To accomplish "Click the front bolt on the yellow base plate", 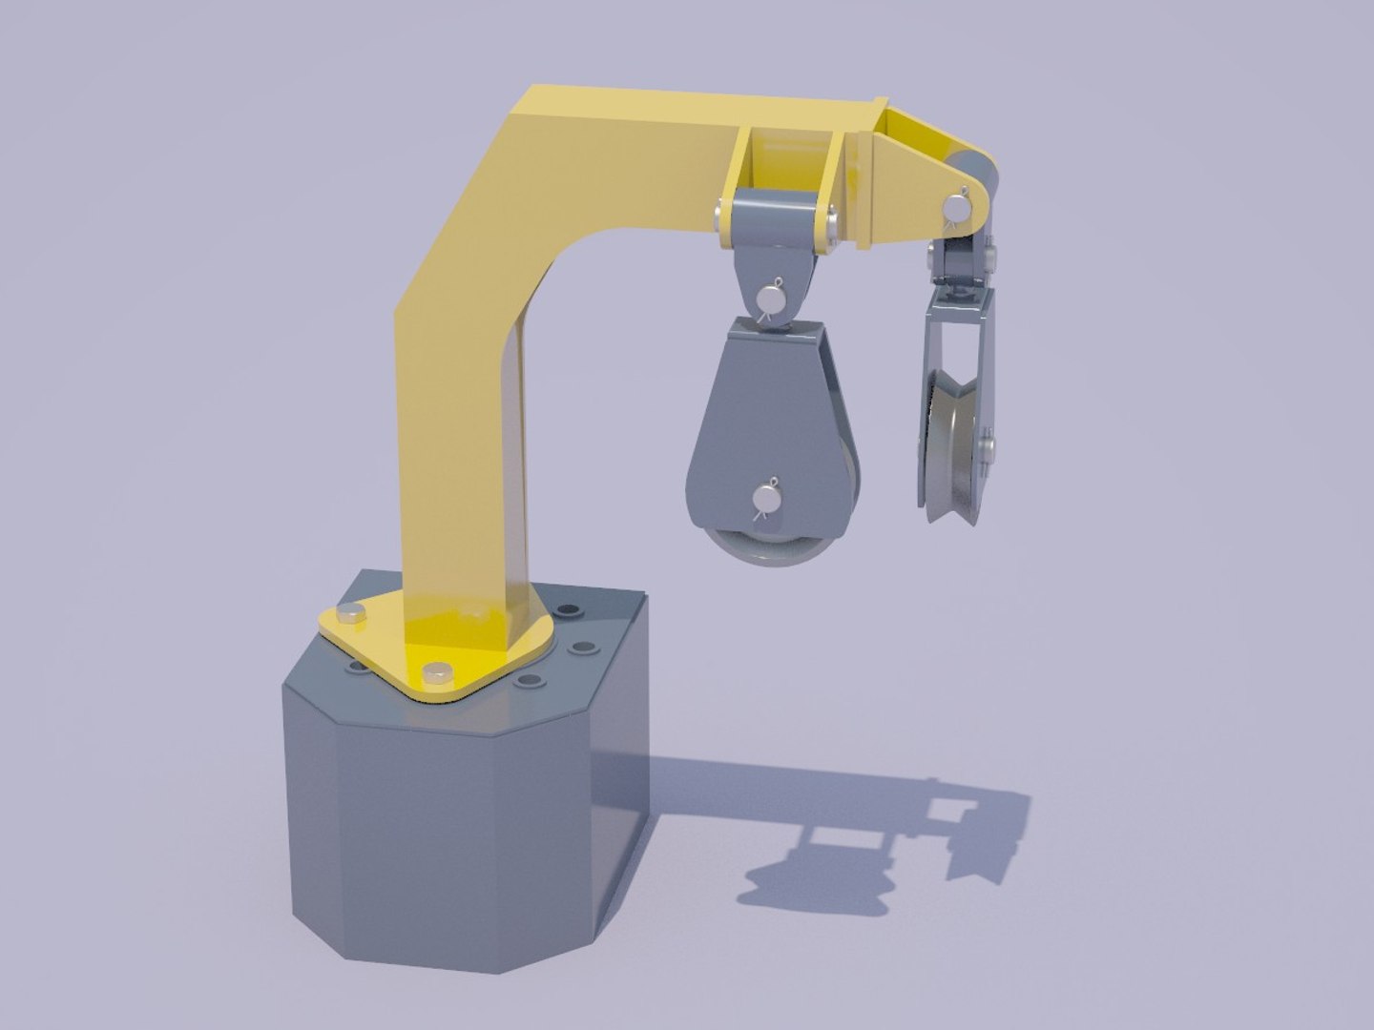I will coord(437,673).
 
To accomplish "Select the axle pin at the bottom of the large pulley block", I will coord(766,498).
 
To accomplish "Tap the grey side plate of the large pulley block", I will coord(754,420).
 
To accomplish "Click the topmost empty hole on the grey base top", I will coord(571,609).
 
